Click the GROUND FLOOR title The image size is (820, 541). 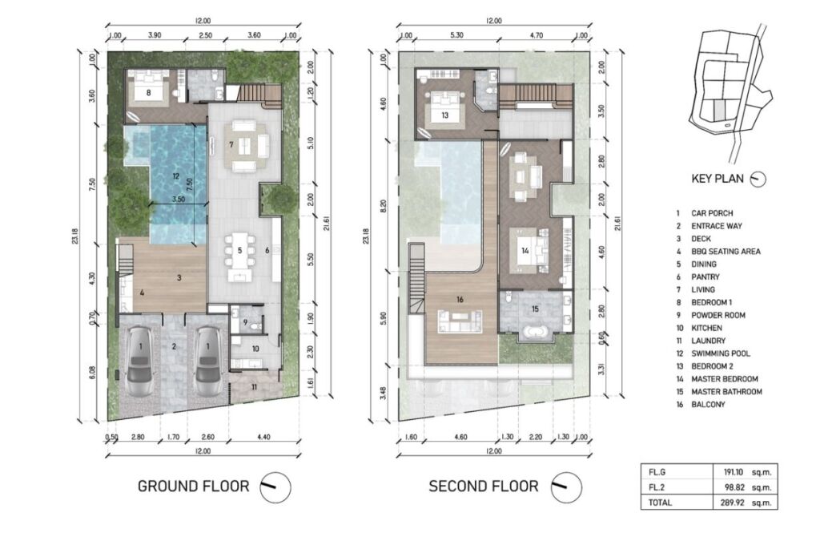(193, 486)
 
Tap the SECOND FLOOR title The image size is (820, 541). (483, 486)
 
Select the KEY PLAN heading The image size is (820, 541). (717, 179)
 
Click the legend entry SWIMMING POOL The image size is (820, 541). (720, 353)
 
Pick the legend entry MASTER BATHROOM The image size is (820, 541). (726, 391)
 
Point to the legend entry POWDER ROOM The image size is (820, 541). (718, 315)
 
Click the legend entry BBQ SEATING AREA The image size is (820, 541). (726, 251)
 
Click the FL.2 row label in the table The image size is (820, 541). (657, 487)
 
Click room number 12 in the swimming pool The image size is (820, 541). (175, 177)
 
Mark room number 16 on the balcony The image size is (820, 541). (460, 300)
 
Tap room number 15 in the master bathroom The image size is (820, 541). (535, 309)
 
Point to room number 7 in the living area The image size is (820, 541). (231, 144)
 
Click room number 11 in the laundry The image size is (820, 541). (254, 387)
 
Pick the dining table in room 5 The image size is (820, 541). (240, 251)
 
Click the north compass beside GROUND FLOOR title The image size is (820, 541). (275, 487)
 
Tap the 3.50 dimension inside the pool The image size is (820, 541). (179, 200)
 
